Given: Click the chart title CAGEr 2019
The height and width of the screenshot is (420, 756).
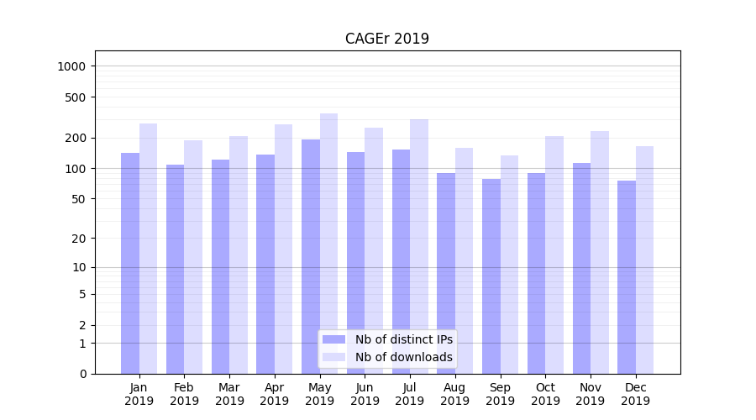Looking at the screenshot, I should [x=387, y=39].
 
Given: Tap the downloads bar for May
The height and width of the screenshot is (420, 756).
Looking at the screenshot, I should [x=329, y=244].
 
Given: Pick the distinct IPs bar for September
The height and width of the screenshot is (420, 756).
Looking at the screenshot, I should [x=491, y=276].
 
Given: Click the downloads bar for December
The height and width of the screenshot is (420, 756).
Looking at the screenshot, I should [x=645, y=260].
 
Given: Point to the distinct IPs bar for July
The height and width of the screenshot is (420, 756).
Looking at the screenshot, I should [x=401, y=261].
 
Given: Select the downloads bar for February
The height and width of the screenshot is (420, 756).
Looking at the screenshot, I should [x=193, y=257].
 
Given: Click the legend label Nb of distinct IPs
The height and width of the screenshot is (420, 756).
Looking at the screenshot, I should [x=404, y=339].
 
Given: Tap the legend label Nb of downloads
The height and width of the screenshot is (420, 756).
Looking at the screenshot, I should [x=404, y=357].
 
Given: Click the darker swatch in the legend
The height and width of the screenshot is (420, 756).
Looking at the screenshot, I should [x=334, y=339].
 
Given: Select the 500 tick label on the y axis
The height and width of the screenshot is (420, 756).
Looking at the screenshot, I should [x=76, y=97].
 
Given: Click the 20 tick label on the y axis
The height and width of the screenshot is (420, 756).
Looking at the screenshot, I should [x=80, y=239].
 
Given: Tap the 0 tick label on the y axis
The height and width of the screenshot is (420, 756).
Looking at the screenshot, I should [x=83, y=374].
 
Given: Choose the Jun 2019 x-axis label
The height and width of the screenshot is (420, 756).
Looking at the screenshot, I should [x=365, y=394].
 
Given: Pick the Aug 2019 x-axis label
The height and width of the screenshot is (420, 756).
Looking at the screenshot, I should [x=455, y=394].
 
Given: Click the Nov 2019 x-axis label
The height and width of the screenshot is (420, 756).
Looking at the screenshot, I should [x=591, y=394].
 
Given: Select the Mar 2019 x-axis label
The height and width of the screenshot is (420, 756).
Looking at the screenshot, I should [x=229, y=394].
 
